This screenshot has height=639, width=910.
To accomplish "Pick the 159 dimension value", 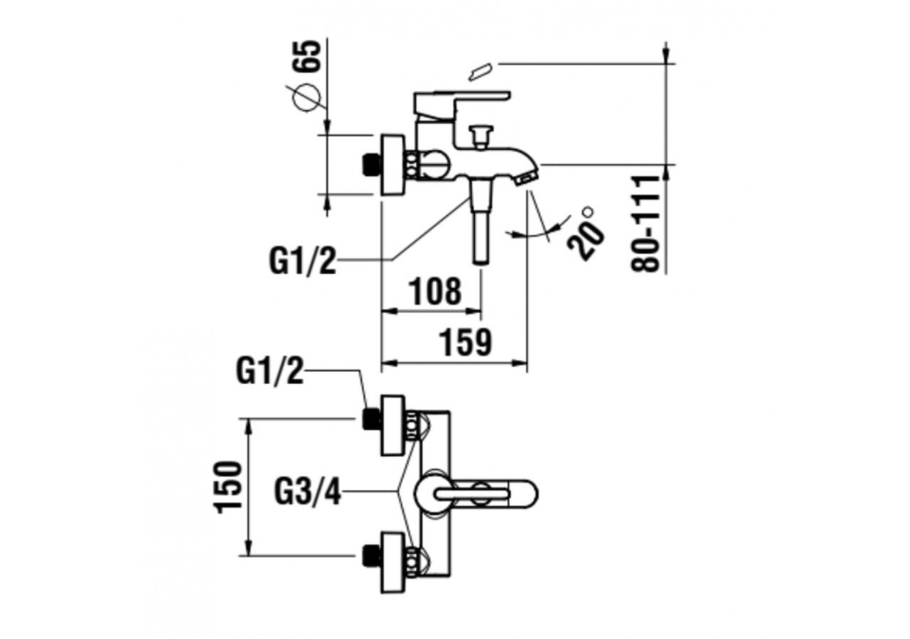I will click(465, 343).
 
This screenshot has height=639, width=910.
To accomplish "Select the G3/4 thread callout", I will click(308, 492).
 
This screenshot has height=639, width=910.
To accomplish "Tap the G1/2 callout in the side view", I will click(302, 261).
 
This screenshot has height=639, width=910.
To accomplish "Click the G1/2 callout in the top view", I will click(270, 371).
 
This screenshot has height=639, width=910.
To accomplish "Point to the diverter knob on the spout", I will click(481, 134).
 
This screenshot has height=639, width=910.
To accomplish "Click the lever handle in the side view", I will click(462, 97).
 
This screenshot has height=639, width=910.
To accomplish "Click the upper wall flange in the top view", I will click(393, 425).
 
